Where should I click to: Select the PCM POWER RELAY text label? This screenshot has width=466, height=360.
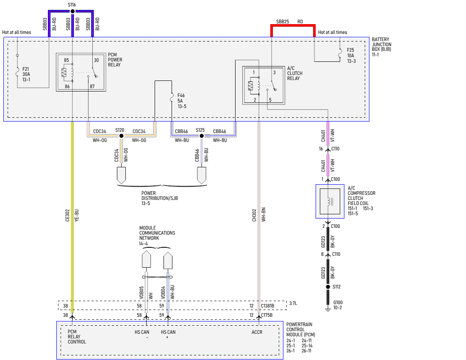115,60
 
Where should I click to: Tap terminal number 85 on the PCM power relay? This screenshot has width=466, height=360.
67,60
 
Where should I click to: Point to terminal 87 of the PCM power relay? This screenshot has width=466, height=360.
92,86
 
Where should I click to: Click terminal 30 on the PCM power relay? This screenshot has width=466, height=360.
96,60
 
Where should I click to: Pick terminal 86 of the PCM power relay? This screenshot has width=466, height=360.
67,86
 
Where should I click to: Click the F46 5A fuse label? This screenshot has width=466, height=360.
182,101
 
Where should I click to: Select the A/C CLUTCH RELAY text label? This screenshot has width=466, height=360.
294,73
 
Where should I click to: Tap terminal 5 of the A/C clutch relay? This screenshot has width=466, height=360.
270,100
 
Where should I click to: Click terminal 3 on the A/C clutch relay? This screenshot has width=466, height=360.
274,72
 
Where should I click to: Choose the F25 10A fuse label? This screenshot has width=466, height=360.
351,55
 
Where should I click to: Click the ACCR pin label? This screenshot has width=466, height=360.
257,332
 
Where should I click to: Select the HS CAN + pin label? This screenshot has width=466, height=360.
168,334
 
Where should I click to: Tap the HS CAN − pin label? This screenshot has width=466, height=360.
142,334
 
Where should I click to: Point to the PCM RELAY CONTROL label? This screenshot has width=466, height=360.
77,337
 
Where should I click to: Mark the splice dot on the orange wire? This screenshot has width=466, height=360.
122,136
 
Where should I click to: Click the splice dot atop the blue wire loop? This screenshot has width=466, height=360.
72,11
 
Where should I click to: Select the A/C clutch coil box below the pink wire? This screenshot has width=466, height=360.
330,201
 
